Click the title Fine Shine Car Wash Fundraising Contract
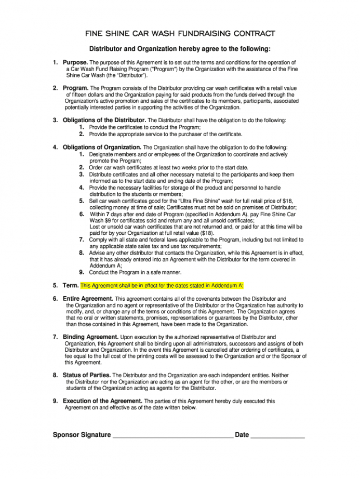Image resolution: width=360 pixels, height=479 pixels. [180, 34]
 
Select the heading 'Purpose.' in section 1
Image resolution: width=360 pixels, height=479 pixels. [75, 62]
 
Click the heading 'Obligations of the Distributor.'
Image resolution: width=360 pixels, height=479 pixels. [104, 121]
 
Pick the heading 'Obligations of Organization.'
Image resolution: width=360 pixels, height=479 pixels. [102, 148]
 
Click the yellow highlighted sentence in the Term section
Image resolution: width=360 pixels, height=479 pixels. [162, 286]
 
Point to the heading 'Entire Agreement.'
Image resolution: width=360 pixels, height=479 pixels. [88, 299]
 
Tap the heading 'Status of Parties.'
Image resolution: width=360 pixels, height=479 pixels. [86, 375]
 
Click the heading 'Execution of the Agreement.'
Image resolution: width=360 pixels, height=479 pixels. [102, 401]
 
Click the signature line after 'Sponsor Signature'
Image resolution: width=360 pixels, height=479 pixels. [172, 435]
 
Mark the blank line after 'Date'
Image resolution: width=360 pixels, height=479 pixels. [277, 435]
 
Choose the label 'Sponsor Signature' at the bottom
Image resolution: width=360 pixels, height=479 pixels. [82, 435]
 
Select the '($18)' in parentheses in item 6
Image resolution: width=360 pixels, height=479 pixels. [207, 233]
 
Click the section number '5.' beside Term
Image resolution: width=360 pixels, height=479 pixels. [55, 286]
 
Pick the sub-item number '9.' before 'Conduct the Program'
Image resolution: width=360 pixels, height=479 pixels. [82, 272]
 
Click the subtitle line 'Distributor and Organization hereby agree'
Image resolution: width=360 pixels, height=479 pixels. [180, 49]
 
